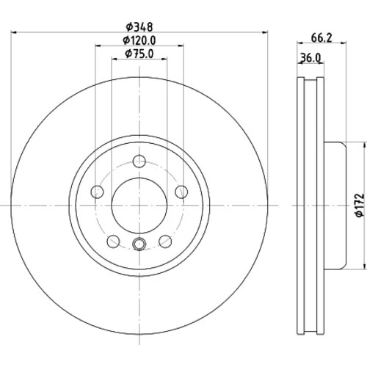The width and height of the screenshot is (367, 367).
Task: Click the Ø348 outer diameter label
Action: (x=139, y=26)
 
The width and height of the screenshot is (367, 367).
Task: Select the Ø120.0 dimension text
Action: (x=139, y=40)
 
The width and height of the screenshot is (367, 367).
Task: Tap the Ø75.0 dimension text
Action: (x=139, y=54)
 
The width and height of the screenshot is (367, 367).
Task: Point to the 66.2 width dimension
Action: (x=321, y=37)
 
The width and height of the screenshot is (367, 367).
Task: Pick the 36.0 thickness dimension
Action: (x=310, y=58)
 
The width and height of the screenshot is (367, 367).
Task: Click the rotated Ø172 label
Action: (x=360, y=205)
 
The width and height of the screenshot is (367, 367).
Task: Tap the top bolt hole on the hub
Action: (x=139, y=161)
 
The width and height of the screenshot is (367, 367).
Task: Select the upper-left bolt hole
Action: (x=97, y=192)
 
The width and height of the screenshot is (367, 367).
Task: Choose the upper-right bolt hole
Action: (x=181, y=192)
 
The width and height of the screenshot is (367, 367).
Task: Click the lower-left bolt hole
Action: (x=113, y=241)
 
